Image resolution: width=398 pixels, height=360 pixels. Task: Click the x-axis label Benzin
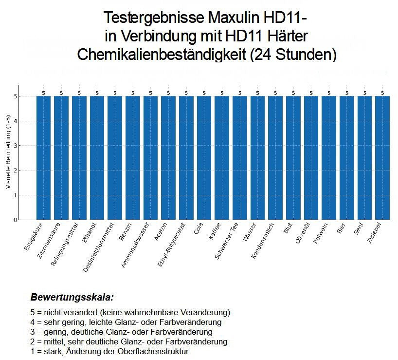tap(125, 233)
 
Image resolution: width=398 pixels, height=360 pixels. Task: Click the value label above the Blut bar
tap(293, 93)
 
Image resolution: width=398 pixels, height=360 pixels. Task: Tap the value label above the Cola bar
tap(204, 93)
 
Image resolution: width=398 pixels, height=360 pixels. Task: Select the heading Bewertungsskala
tap(72, 297)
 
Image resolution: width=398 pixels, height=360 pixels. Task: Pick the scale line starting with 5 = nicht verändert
tap(130, 312)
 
